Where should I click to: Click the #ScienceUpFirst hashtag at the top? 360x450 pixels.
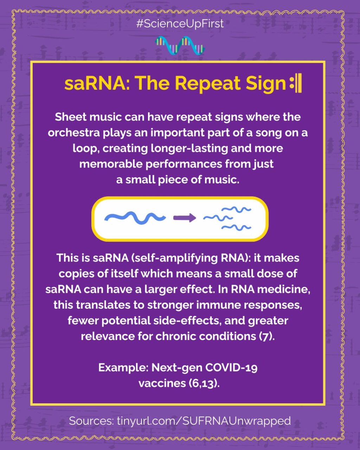(180, 24)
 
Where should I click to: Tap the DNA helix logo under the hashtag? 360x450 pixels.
(180, 46)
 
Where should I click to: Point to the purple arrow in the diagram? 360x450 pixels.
(185, 218)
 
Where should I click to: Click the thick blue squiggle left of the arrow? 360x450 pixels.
(135, 218)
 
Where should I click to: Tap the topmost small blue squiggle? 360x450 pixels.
(236, 209)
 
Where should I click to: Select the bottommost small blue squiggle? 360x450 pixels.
(236, 227)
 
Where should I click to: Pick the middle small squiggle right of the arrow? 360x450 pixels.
(218, 218)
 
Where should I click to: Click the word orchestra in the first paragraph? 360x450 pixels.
(74, 133)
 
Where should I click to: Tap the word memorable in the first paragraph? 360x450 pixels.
(111, 164)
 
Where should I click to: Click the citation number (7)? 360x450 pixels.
(265, 336)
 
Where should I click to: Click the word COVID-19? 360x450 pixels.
(231, 368)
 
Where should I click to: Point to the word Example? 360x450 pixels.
(123, 368)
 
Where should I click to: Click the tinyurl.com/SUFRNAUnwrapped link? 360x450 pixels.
(204, 421)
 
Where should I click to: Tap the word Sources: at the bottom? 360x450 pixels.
(91, 421)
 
